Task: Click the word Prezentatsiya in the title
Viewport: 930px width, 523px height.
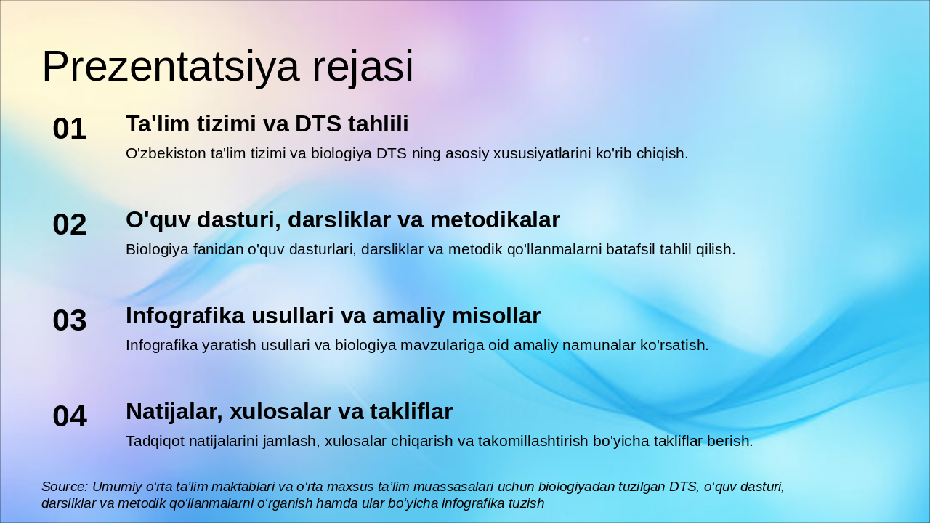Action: pyautogui.click(x=170, y=67)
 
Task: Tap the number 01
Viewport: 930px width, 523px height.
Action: pyautogui.click(x=70, y=129)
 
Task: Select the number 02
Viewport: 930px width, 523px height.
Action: pyautogui.click(x=70, y=224)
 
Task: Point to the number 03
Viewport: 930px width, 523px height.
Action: pyautogui.click(x=70, y=320)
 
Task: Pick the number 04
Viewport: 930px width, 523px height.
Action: pyautogui.click(x=70, y=416)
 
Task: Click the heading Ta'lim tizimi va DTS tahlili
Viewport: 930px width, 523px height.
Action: pyautogui.click(x=267, y=124)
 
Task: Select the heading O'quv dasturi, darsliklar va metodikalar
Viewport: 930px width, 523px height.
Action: pyautogui.click(x=342, y=220)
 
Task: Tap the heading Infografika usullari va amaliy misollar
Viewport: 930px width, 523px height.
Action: pyautogui.click(x=333, y=316)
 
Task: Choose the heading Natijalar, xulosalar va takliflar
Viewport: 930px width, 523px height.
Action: pyautogui.click(x=289, y=412)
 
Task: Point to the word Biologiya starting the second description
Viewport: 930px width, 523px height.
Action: pyautogui.click(x=157, y=249)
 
